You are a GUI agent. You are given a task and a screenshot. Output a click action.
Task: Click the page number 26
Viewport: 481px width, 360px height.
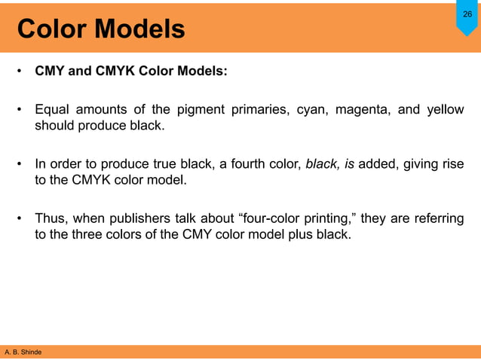pos(467,14)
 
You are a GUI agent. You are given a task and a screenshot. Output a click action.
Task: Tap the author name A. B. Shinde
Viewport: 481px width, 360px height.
pos(23,352)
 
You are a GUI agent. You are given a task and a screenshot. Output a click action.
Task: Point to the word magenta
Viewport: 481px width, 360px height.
pos(363,110)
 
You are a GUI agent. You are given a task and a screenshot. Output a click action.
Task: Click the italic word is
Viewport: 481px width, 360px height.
pos(350,165)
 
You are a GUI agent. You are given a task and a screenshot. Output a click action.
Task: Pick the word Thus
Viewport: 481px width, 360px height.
pos(52,219)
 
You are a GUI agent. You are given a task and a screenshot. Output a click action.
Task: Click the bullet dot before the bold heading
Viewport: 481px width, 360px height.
pos(20,73)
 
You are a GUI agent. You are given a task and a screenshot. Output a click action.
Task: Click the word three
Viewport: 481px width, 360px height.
pos(90,235)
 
